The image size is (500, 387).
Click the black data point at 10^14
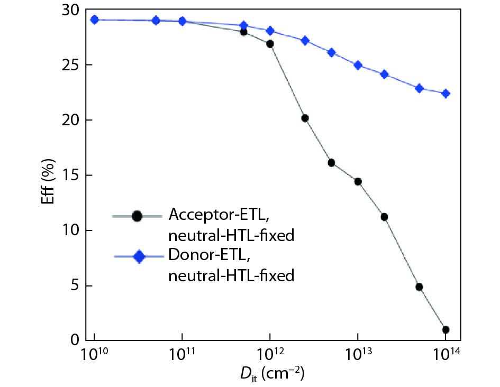coord(446,329)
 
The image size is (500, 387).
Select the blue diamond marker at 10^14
coord(446,94)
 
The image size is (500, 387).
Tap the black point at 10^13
coord(358,181)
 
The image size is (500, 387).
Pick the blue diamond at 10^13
coord(358,66)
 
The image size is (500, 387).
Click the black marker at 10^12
coord(270,44)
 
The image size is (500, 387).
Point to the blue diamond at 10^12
coord(270,31)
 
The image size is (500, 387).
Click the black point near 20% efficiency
coord(305,118)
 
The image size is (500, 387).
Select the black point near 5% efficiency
coord(419,287)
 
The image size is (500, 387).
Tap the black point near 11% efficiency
coord(384,217)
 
